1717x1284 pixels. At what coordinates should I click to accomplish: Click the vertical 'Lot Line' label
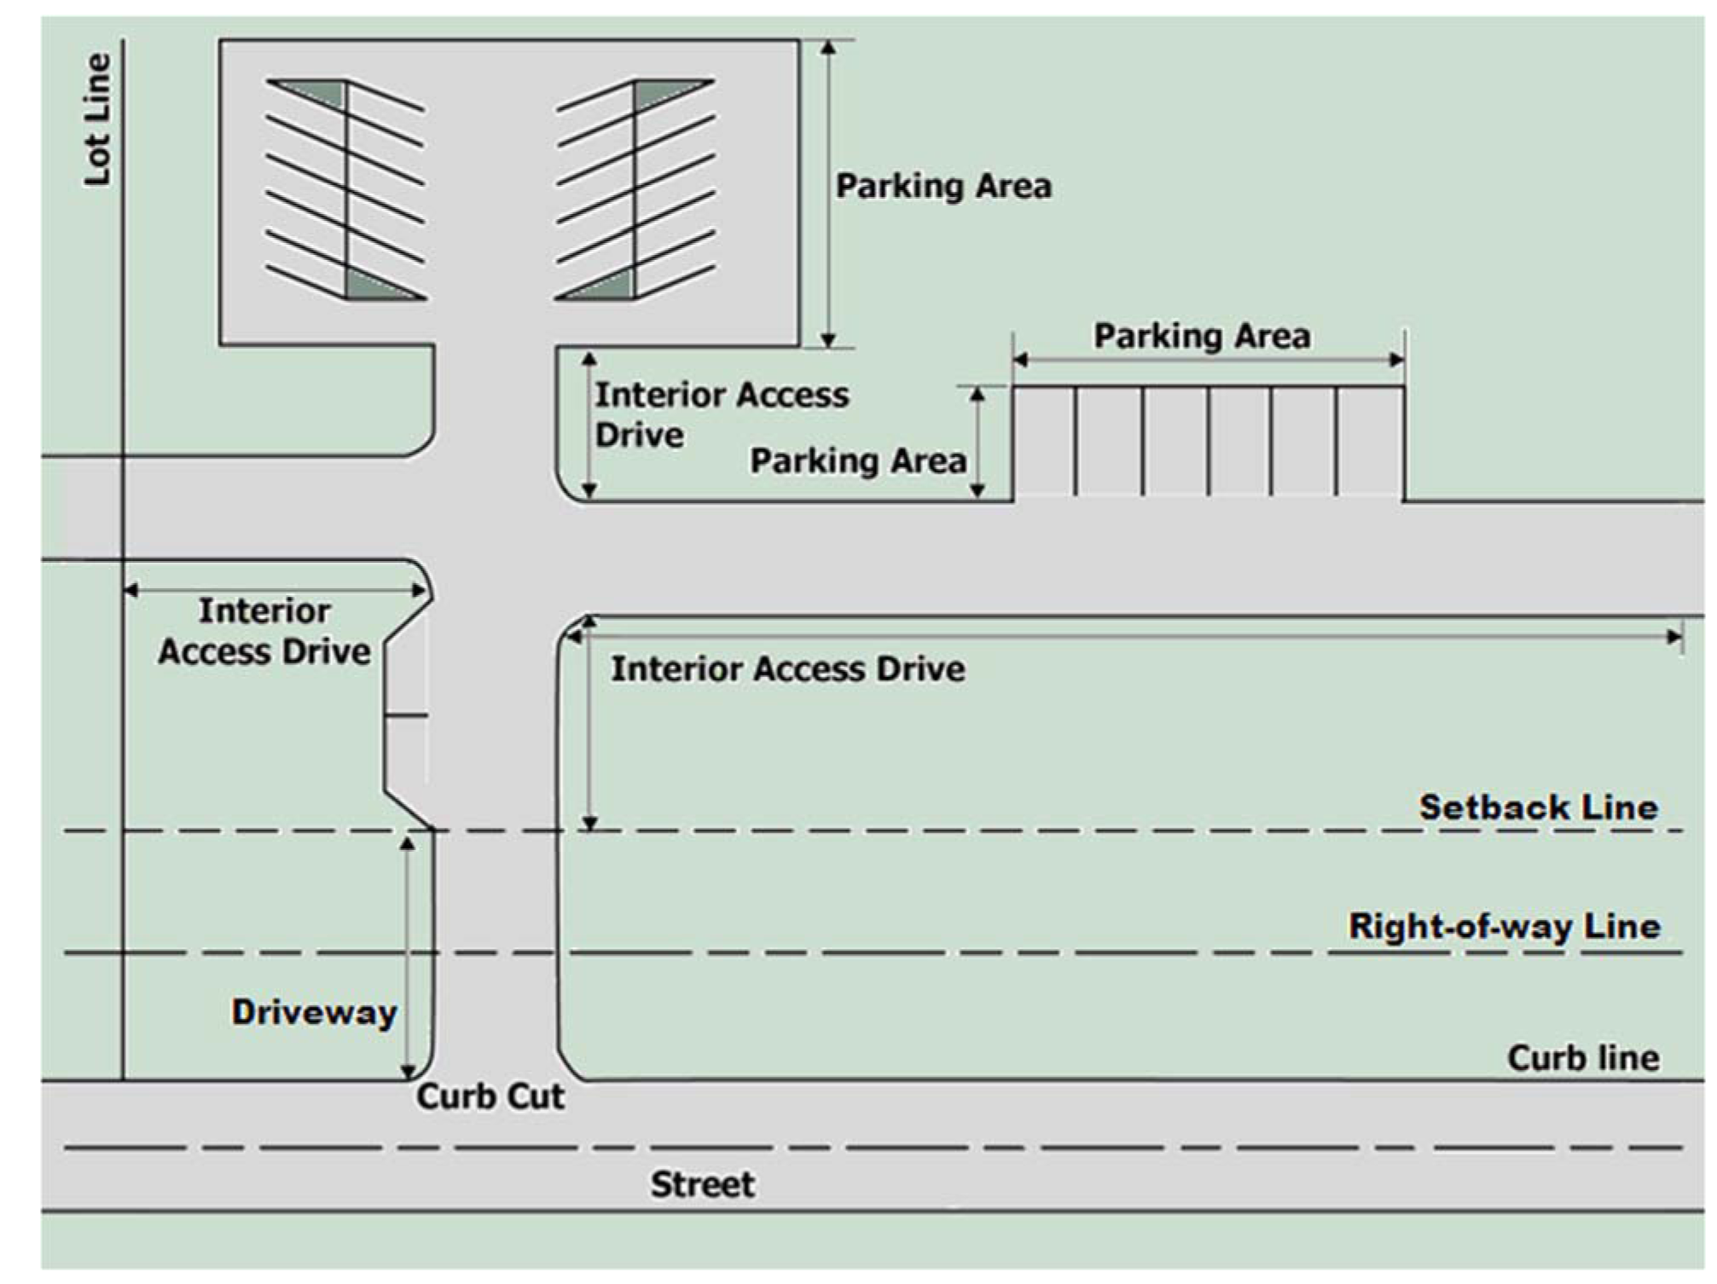pos(97,119)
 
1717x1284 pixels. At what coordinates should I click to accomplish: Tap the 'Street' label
pos(702,1184)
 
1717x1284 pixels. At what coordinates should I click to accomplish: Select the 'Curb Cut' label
pos(490,1096)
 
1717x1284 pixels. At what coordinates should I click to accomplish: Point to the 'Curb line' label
pos(1582,1058)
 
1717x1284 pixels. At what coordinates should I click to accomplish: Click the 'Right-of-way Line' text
pos(1504,926)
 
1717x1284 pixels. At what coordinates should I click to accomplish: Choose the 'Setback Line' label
pos(1538,807)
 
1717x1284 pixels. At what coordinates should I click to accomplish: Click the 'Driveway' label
pos(314,1012)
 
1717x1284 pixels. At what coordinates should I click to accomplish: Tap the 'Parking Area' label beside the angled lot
pos(943,186)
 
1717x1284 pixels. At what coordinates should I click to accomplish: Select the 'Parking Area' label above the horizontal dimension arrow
pos(1202,336)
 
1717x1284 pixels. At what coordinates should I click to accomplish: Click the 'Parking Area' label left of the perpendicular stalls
pos(857,460)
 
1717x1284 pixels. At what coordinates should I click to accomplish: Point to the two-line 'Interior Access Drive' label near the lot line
pos(264,631)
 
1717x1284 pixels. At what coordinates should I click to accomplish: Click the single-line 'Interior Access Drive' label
pos(787,668)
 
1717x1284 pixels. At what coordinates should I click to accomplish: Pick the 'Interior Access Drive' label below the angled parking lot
pos(721,414)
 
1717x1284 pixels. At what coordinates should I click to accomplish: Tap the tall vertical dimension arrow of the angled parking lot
pos(827,194)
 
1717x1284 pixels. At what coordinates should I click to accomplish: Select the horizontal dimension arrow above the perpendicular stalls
pos(1208,360)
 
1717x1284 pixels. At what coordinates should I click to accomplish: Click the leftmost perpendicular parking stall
pos(1044,442)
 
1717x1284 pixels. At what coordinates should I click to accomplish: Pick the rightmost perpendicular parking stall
pos(1370,442)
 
